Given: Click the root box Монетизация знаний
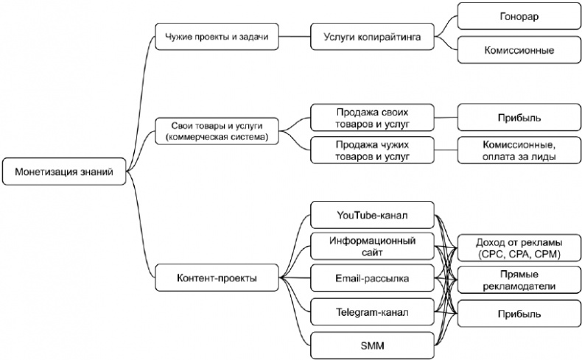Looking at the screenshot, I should pyautogui.click(x=64, y=173).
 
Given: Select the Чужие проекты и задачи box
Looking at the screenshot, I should pyautogui.click(x=216, y=37).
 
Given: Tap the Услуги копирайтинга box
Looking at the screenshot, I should pyautogui.click(x=371, y=37).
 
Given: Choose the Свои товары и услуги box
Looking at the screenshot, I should pyautogui.click(x=216, y=130).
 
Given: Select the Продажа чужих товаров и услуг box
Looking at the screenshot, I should pyautogui.click(x=371, y=150).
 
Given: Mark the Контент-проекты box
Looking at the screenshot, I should pyautogui.click(x=216, y=278).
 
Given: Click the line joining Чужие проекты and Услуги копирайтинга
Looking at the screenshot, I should pyautogui.click(x=295, y=37).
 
